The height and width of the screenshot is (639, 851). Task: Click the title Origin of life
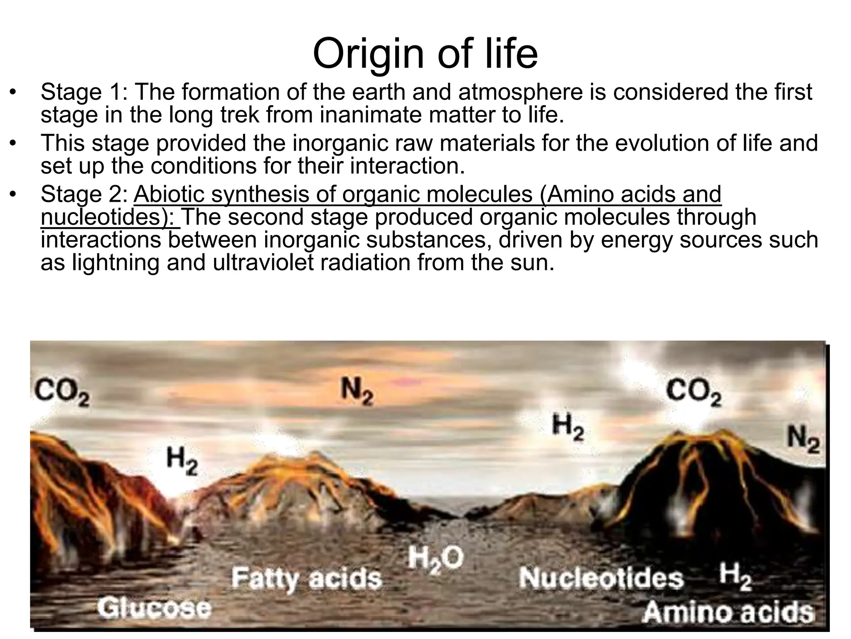point(425,54)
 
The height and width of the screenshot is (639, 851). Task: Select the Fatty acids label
point(306,578)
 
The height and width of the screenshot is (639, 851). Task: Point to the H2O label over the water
point(435,559)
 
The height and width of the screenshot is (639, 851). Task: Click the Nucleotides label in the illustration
point(601,578)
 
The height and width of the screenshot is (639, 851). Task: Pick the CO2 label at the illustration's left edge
point(61,392)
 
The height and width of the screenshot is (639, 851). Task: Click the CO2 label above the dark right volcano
point(694,392)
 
